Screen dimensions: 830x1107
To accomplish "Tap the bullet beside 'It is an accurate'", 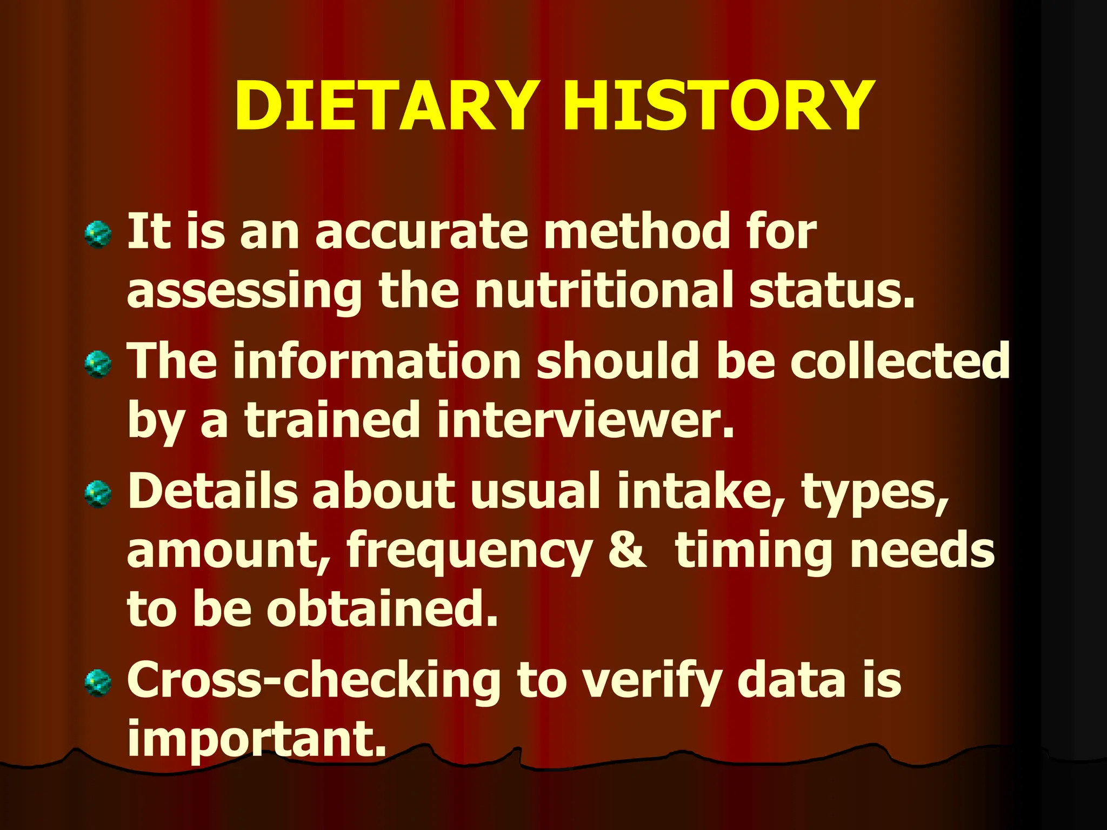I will [98, 235].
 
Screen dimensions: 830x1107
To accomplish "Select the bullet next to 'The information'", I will [98, 365].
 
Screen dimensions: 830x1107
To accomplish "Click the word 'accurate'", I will [422, 232].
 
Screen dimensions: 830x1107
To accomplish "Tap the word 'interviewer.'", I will [586, 421].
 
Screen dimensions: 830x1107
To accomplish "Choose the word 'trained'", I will [332, 421].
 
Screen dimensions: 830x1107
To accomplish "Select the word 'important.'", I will [257, 740].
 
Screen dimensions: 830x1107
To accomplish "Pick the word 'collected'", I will [900, 361].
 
